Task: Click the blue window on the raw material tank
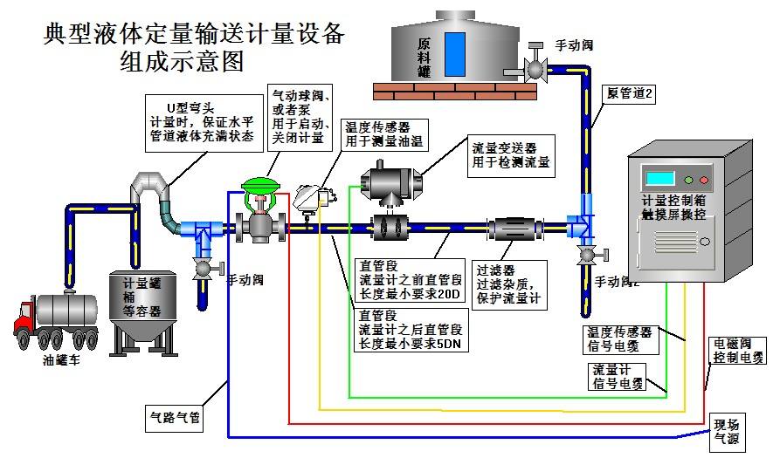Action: coord(454,55)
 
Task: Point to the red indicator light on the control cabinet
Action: coord(704,180)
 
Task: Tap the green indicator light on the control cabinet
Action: coord(689,180)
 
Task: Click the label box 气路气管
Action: coord(176,417)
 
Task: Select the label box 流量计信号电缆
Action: coord(618,375)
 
